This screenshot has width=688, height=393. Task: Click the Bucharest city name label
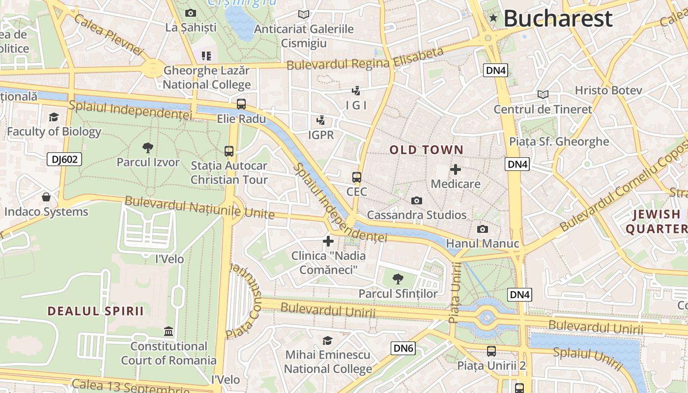point(558,19)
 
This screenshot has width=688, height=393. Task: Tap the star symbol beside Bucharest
point(493,19)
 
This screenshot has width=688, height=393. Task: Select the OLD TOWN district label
point(427,150)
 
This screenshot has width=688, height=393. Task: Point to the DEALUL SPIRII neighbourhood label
point(96,311)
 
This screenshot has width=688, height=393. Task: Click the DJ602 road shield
point(64,159)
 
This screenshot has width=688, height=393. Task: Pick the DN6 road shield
point(403,348)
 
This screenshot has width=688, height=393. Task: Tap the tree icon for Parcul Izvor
point(147,148)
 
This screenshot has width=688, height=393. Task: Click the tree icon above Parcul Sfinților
point(398,279)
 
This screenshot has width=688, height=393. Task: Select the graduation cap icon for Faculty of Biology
point(54,117)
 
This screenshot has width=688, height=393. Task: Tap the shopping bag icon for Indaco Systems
point(46,197)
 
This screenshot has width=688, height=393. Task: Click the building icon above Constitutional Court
point(169,332)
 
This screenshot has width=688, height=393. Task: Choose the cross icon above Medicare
point(456,169)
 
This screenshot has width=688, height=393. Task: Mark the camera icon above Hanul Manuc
point(483,229)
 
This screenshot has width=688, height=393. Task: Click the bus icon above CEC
point(357,177)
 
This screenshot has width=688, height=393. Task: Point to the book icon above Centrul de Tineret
point(543,94)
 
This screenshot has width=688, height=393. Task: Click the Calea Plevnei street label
point(108,34)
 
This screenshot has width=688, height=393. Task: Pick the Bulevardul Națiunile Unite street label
point(199,207)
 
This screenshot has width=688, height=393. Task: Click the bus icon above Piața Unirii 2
point(491,351)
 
